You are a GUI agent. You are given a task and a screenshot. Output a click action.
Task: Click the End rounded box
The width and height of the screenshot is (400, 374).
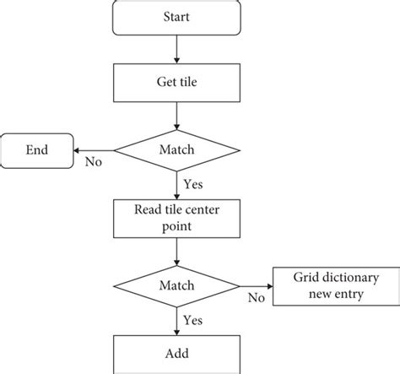point(36,151)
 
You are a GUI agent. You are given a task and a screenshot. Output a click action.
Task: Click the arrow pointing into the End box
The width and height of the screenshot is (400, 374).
point(93,151)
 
